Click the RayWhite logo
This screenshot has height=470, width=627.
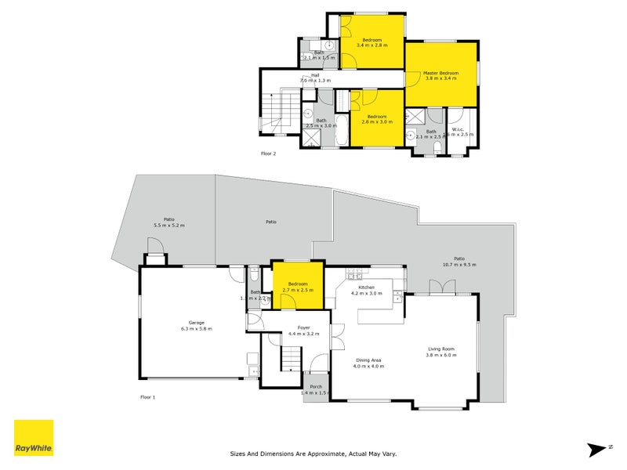click(x=34, y=438)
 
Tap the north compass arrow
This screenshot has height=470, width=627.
click(x=599, y=448)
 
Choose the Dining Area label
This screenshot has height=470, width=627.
click(x=368, y=360)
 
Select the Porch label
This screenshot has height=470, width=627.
click(x=316, y=386)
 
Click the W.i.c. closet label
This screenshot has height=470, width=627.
click(x=459, y=129)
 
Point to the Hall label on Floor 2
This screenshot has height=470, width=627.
click(x=314, y=75)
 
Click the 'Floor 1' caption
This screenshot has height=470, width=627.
click(x=147, y=397)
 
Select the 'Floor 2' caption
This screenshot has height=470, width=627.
click(x=268, y=154)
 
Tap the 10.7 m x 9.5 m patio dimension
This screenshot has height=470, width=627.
click(x=459, y=265)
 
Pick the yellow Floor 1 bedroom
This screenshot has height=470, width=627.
click(x=298, y=287)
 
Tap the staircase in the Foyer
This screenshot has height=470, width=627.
click(x=291, y=360)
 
